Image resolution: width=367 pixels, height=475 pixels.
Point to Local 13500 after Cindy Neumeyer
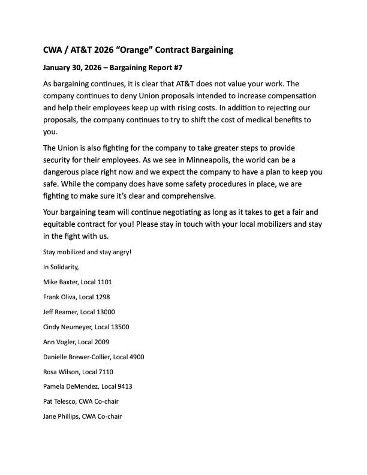[112, 327]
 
